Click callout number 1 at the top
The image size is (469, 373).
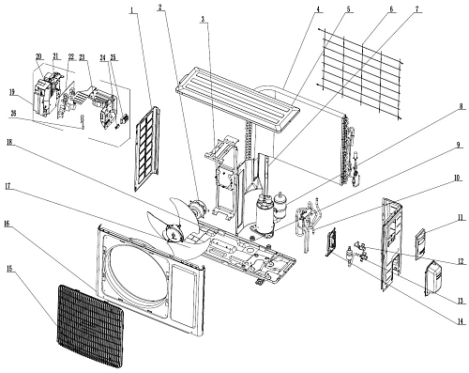132,9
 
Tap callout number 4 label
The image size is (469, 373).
318,9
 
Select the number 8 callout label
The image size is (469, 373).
461,106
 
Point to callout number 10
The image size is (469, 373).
457,178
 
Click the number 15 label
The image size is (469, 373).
9,269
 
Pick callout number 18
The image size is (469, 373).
9,142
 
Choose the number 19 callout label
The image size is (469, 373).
12,92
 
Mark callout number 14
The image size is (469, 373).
459,320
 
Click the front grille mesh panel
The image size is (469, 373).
90,326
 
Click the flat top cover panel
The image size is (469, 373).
237,98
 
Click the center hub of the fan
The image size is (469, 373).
173,233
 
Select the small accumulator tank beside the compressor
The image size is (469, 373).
280,205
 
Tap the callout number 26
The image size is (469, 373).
13,114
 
